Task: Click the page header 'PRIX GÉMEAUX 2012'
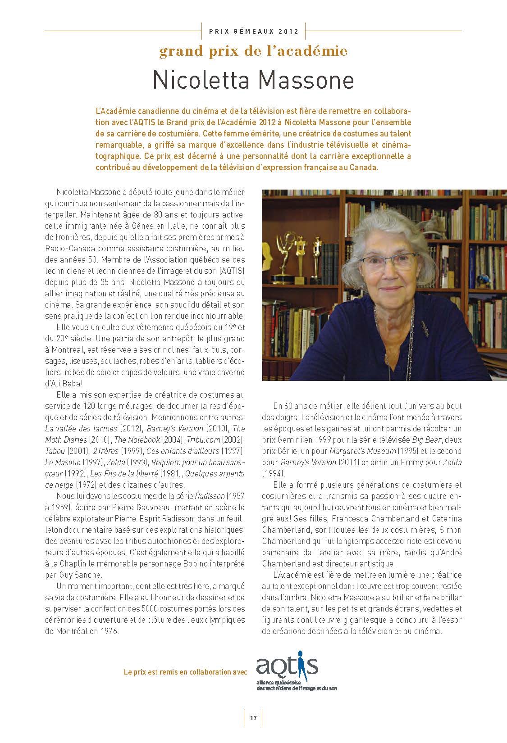coord(254,32)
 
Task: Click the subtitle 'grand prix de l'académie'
coord(253,51)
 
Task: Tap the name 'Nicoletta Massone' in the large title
coord(253,80)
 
